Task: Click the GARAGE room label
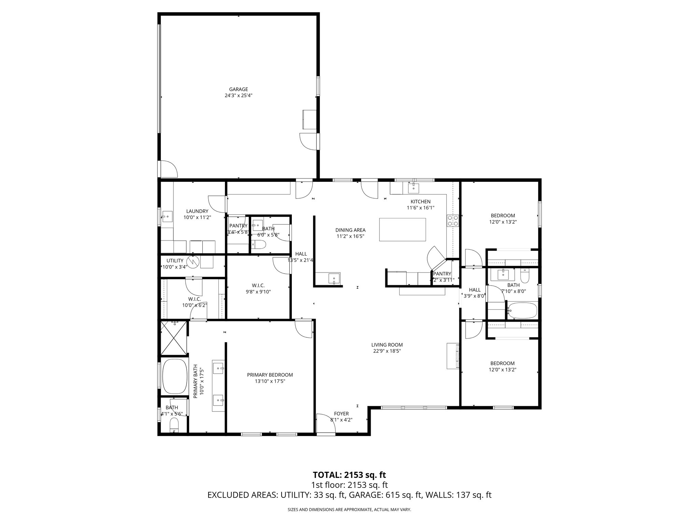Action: point(238,90)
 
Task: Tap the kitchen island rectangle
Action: point(402,230)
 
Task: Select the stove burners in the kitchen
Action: point(453,221)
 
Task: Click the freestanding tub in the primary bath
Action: point(174,376)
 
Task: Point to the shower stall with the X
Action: point(173,337)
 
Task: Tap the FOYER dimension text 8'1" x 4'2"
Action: point(341,420)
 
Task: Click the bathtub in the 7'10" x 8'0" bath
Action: point(522,310)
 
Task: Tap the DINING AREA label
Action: point(350,230)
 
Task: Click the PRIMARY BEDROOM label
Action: point(270,375)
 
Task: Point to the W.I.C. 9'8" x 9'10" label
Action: point(258,289)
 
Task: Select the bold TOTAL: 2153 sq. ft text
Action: point(349,475)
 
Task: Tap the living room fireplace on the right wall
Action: point(453,356)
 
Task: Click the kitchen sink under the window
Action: point(414,188)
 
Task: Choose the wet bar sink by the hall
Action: point(333,278)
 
